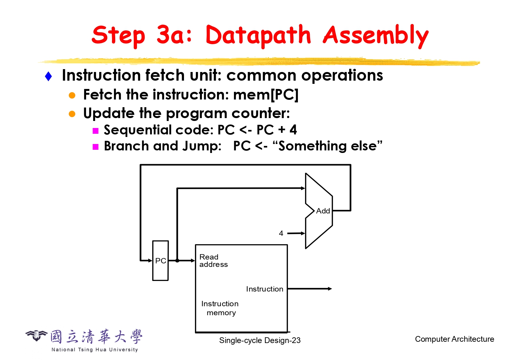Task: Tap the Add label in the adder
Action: click(323, 211)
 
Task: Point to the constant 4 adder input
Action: click(281, 233)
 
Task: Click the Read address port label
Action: click(213, 261)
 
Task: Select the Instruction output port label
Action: click(265, 289)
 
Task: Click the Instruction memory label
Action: click(220, 308)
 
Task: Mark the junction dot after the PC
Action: click(177, 261)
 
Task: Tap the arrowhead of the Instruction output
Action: click(330, 289)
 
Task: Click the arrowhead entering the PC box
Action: click(150, 261)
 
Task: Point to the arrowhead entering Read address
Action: click(193, 261)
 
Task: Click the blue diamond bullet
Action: click(48, 76)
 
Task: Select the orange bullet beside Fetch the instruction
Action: click(72, 95)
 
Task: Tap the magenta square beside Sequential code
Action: click(95, 131)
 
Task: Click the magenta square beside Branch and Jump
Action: click(95, 147)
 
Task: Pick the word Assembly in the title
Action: click(376, 36)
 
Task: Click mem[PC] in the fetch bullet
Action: click(266, 95)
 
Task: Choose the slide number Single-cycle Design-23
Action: click(260, 340)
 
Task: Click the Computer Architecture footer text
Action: click(454, 339)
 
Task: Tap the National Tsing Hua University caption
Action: click(95, 349)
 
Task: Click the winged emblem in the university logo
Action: click(36, 335)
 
